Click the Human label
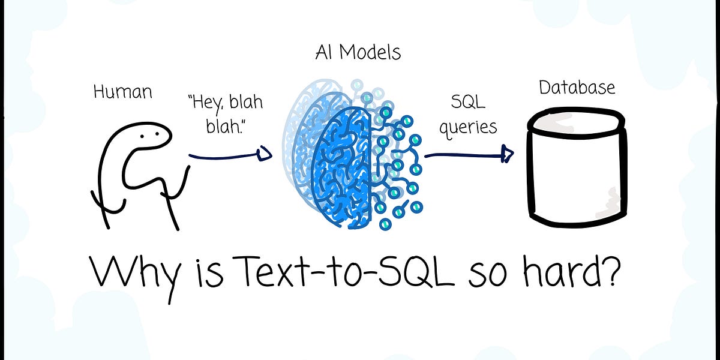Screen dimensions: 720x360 (x=122, y=92)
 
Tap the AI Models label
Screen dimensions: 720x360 (x=358, y=53)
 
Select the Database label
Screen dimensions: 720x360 (x=577, y=88)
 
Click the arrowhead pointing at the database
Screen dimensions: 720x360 (x=508, y=155)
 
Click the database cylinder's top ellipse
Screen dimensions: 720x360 (x=576, y=123)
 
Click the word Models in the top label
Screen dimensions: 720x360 (x=370, y=53)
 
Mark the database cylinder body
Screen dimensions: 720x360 (x=576, y=180)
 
